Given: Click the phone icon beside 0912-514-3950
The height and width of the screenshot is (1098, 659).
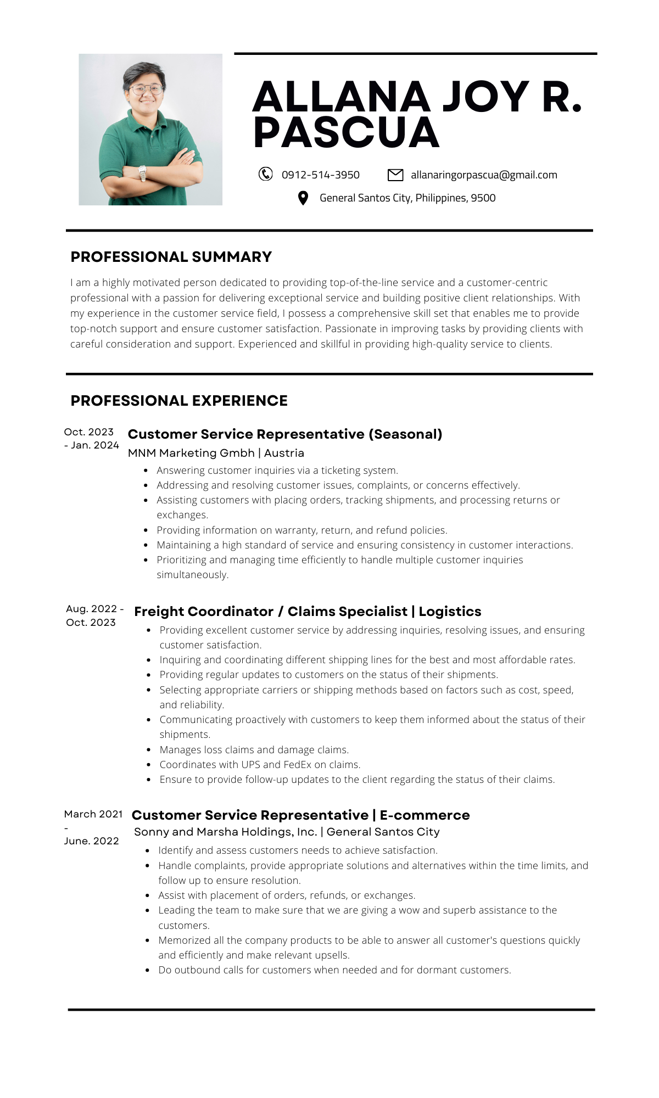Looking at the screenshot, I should (x=265, y=174).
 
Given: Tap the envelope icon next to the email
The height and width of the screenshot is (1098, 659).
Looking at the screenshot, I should (x=395, y=175).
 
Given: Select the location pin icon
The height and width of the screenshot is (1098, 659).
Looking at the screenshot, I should (x=303, y=198).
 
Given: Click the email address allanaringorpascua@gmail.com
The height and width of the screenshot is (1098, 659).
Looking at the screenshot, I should (x=484, y=175).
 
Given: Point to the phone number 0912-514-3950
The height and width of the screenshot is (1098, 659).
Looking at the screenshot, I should (x=321, y=175).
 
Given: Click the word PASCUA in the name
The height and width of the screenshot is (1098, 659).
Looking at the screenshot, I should (x=346, y=133).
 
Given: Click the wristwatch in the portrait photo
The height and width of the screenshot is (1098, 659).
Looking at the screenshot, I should (x=143, y=172).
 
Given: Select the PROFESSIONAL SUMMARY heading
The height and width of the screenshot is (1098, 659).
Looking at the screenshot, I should (x=171, y=257).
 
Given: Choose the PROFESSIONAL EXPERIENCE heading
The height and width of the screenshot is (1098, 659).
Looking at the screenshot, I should (x=179, y=401).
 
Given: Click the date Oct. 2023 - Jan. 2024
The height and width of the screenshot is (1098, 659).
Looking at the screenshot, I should (x=91, y=439).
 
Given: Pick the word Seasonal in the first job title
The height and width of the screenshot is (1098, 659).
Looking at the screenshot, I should (x=405, y=434).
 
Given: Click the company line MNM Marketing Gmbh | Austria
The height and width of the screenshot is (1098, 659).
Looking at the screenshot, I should (x=216, y=453).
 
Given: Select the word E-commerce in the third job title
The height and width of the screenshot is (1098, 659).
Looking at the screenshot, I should (x=425, y=815).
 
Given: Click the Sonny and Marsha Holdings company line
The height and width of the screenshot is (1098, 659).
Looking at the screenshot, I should (x=287, y=832).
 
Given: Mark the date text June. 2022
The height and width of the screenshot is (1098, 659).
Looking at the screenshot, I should (x=91, y=841).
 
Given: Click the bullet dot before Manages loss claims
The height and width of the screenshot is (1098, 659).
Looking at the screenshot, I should (x=149, y=750).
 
